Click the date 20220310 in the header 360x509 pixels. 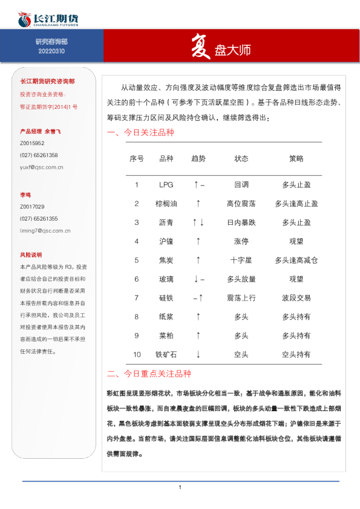pos(51,51)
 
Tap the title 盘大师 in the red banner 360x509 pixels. pos(232,50)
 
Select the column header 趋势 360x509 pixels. pos(198,158)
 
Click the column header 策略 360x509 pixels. pos(296,158)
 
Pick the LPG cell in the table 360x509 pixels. pos(166,185)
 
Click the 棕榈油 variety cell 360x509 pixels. pos(166,204)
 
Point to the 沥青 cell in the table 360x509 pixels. pos(166,222)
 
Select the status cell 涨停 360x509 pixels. pos(241,241)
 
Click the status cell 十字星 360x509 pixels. pos(241,260)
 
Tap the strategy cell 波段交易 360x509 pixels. pos(296,297)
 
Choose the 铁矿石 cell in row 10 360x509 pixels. pos(166,354)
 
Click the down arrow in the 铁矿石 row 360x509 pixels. pos(198,354)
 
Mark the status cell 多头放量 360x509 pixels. pos(241,279)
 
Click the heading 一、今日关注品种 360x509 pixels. pos(140,133)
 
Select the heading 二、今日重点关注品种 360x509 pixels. pos(149,374)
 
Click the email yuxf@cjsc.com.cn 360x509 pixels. pos(42,167)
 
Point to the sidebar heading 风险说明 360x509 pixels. pos(31,254)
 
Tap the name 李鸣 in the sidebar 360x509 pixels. pos(25,195)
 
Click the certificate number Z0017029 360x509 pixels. pos(32,207)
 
